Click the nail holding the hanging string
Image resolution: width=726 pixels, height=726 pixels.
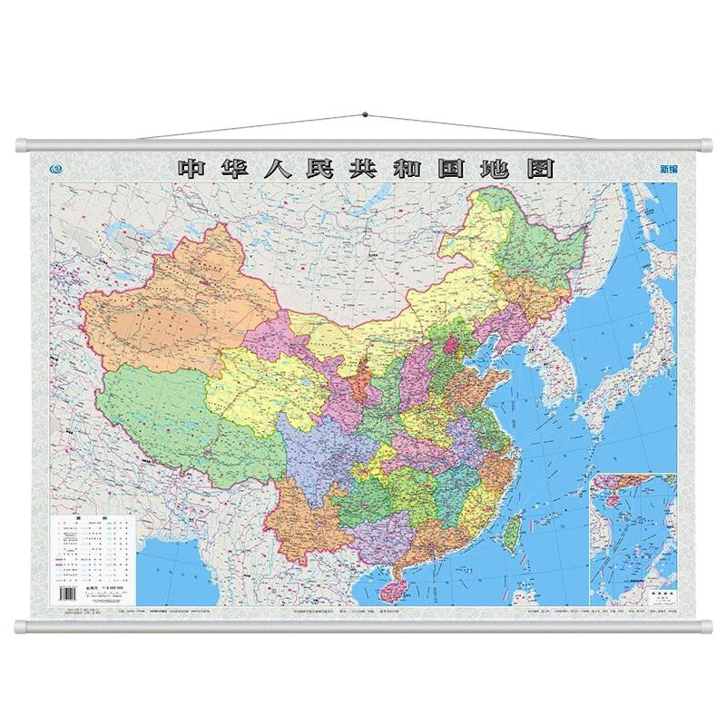(x=364, y=115)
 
